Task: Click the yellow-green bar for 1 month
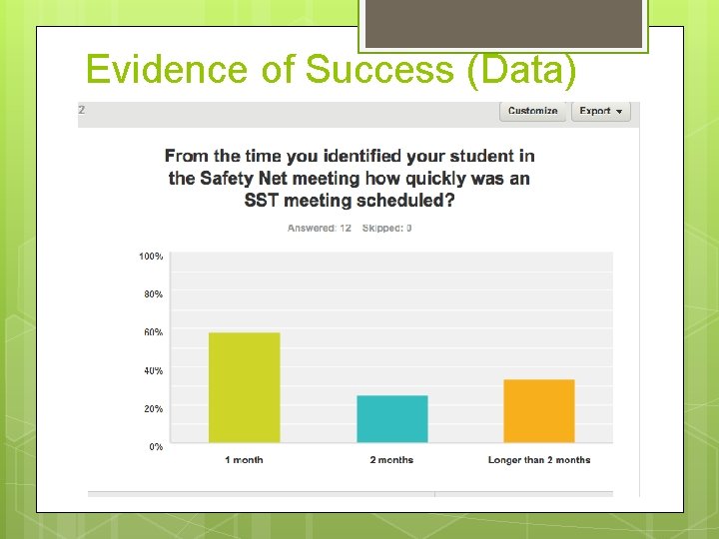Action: (244, 387)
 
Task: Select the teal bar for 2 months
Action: (392, 419)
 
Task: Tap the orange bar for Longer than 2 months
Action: (539, 411)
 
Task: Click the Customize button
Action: (533, 111)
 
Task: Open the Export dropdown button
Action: (600, 111)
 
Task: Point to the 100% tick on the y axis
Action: (151, 257)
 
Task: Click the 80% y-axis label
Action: (153, 294)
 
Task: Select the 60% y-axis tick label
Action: (153, 332)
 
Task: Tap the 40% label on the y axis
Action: (153, 370)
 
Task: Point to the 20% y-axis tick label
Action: (153, 408)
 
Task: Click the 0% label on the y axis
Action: (156, 447)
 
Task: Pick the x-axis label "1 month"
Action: (244, 460)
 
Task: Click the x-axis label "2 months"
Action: (391, 460)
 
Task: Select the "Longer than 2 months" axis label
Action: (539, 460)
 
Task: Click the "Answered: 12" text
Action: (320, 229)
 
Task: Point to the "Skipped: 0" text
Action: (387, 229)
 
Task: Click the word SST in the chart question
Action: (264, 200)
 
